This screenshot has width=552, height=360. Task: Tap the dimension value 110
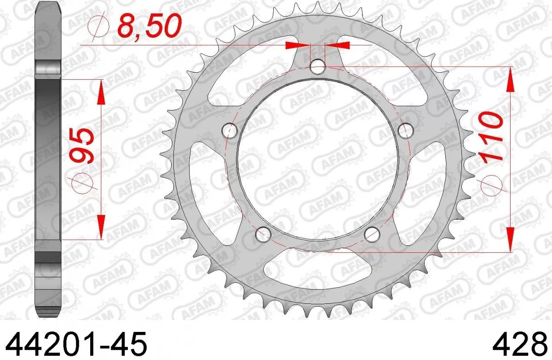pyautogui.click(x=491, y=138)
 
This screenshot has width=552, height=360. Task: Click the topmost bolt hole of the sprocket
pyautogui.click(x=317, y=67)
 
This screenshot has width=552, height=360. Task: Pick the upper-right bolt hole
pyautogui.click(x=405, y=131)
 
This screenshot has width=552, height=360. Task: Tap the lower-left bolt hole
pyautogui.click(x=263, y=234)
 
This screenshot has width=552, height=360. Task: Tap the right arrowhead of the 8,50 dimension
pyautogui.click(x=338, y=45)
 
